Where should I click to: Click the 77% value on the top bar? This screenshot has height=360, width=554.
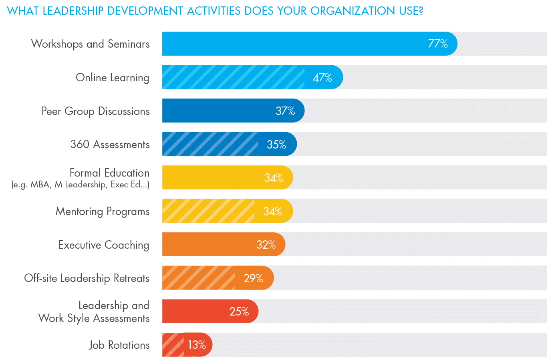pos(438,44)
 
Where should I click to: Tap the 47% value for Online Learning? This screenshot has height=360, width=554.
pos(322,77)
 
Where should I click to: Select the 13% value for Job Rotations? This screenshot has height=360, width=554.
pos(197,345)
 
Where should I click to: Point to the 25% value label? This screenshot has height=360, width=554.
pos(239,312)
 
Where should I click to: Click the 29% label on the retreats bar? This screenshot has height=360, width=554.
pos(253,278)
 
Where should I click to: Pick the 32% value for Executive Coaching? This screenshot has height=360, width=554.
pos(266,245)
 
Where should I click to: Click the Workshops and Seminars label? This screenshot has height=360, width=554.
pos(91,44)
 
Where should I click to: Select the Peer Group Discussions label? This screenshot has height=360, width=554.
pos(96,111)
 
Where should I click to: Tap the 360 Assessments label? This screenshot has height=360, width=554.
pos(110,145)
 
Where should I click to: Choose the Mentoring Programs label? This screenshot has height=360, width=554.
pos(103,211)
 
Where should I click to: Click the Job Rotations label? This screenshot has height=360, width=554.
pos(119,345)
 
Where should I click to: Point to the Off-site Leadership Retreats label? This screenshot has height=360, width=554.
pos(87,278)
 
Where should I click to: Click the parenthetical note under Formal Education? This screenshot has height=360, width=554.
pos(81,185)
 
